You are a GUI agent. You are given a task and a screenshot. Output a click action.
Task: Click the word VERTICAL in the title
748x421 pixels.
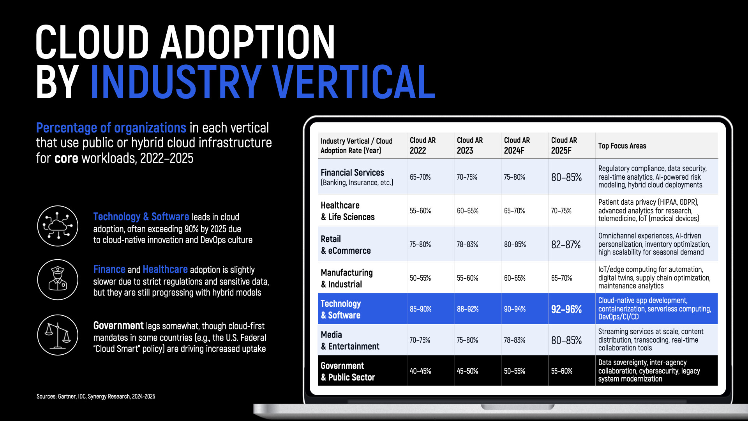point(353,82)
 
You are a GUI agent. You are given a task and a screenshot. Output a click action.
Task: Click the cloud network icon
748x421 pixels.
point(58,226)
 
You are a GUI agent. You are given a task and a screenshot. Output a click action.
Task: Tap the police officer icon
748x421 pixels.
point(58,279)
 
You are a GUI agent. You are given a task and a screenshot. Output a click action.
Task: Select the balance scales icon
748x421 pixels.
point(58,335)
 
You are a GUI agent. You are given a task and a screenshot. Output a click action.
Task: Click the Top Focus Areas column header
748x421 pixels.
point(622,146)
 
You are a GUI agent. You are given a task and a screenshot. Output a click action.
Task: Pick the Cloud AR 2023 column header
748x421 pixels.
point(469,145)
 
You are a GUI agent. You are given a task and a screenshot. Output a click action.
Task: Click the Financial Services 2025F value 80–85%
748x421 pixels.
point(566,177)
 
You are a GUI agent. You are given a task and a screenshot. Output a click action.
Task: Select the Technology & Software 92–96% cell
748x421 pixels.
point(566,309)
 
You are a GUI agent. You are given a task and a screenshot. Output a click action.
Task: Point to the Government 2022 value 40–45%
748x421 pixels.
point(420,371)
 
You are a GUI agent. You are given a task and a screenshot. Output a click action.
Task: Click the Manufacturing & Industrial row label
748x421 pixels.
point(346,278)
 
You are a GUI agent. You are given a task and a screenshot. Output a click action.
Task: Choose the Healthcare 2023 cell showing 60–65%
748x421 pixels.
point(467,211)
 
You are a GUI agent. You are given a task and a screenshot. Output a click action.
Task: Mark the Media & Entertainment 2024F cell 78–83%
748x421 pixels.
point(514,340)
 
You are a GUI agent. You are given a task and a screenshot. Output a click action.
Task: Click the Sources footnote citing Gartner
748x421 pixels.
point(96,396)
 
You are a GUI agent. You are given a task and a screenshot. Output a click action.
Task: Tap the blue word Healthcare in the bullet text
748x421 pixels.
point(165,269)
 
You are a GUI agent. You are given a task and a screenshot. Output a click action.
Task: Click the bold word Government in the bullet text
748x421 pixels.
point(118,325)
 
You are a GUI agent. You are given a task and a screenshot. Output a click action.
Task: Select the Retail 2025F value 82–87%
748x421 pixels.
point(566,245)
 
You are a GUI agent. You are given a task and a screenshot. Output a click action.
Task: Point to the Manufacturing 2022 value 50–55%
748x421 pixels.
point(420,278)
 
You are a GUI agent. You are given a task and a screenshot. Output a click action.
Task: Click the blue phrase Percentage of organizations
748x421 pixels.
point(111,128)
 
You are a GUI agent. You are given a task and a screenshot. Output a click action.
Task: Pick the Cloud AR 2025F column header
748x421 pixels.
point(564,145)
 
